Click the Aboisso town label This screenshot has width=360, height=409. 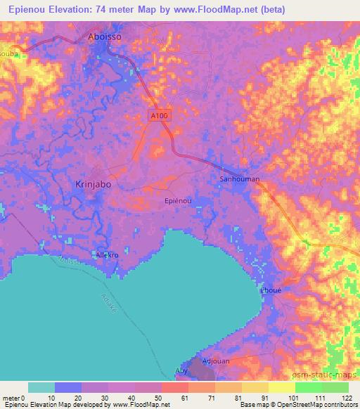105,39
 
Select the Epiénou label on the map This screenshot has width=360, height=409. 177,201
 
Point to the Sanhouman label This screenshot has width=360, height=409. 239,179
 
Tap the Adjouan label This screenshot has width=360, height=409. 215,361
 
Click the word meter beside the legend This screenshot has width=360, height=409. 11,398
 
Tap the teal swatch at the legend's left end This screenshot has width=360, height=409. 41,387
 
